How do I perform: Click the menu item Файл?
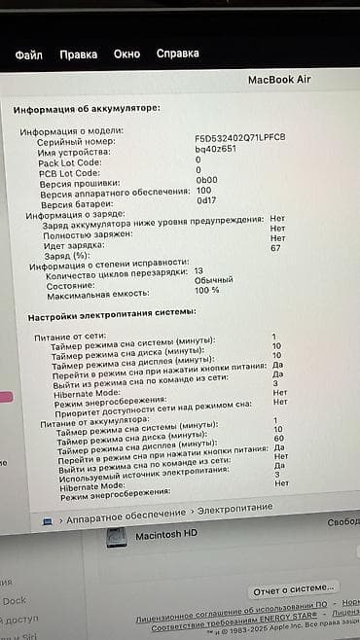29,54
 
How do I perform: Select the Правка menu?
78,54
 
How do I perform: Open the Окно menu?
126,54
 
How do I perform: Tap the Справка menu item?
178,54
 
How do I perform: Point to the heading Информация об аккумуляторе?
88,109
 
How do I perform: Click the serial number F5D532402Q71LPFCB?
240,138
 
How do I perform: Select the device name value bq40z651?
215,149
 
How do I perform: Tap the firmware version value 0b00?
206,180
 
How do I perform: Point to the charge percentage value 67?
276,249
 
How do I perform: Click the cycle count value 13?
198,270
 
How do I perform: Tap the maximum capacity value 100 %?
207,290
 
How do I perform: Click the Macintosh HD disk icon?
118,536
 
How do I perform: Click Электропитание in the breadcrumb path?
238,509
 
